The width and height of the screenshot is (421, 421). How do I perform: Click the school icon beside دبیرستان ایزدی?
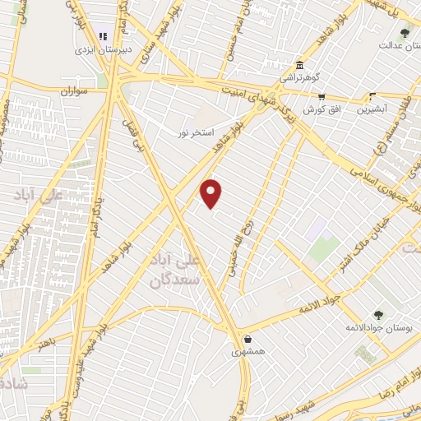(104, 36)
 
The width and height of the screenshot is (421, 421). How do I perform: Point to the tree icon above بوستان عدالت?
(404, 33)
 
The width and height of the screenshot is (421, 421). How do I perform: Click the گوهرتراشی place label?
(298, 77)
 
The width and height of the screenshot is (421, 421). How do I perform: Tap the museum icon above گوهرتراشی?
(298, 65)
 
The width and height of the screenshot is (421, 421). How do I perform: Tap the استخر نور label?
(197, 132)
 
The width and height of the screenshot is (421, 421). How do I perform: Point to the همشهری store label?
(247, 351)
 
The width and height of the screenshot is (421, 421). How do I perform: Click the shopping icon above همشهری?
(247, 339)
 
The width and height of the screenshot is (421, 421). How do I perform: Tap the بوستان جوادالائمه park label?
(378, 327)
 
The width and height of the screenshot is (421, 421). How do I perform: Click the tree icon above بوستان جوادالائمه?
(378, 314)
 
